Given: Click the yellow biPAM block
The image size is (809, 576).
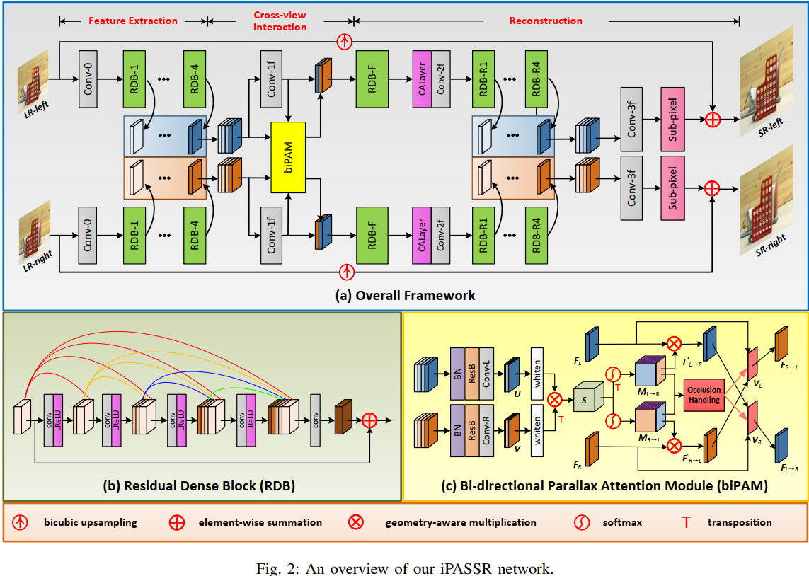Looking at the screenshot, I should click(x=288, y=156).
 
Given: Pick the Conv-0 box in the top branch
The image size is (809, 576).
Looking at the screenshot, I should click(x=88, y=79).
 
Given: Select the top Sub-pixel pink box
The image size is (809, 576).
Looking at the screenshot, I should click(x=673, y=119).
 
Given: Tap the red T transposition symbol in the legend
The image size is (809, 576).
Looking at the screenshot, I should click(x=685, y=522).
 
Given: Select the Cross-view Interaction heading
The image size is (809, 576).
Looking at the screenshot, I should click(x=280, y=21).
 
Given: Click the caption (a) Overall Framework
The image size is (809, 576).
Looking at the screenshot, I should click(x=405, y=295).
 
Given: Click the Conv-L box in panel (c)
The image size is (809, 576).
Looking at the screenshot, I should click(x=486, y=373).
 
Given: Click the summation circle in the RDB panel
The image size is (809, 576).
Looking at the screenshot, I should click(x=369, y=420).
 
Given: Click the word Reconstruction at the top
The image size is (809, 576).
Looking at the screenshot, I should click(x=546, y=21).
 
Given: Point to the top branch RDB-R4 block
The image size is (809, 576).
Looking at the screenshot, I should click(x=536, y=79).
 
